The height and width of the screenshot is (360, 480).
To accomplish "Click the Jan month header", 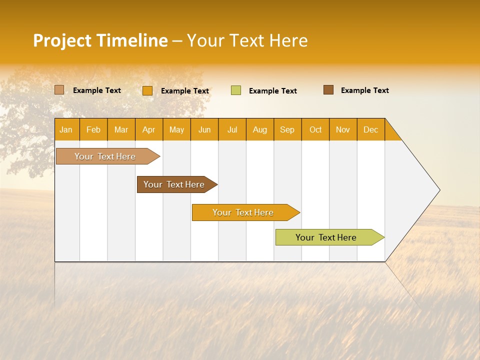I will click(66, 129).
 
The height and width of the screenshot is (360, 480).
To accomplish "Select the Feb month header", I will click(93, 129).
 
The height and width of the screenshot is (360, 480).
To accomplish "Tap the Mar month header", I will click(121, 129).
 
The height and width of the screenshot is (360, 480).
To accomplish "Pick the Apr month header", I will click(149, 129).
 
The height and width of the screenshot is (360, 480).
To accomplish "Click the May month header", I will click(176, 129).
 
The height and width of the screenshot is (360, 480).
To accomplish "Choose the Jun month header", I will click(204, 129).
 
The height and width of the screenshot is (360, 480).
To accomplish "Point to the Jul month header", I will click(232, 129).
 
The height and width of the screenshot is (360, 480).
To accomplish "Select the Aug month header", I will click(260, 129).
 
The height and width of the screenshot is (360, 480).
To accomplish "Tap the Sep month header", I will click(287, 129).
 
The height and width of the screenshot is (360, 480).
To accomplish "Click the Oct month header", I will click(315, 129).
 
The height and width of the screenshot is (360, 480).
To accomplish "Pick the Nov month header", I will click(343, 129).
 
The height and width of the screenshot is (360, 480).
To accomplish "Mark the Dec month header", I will click(370, 129).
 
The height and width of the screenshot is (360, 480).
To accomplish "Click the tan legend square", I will click(59, 90).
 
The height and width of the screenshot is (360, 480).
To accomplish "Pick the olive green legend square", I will click(236, 90).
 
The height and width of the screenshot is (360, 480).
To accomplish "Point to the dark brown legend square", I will click(328, 90).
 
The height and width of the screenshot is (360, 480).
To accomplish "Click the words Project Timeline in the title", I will click(100, 40).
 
